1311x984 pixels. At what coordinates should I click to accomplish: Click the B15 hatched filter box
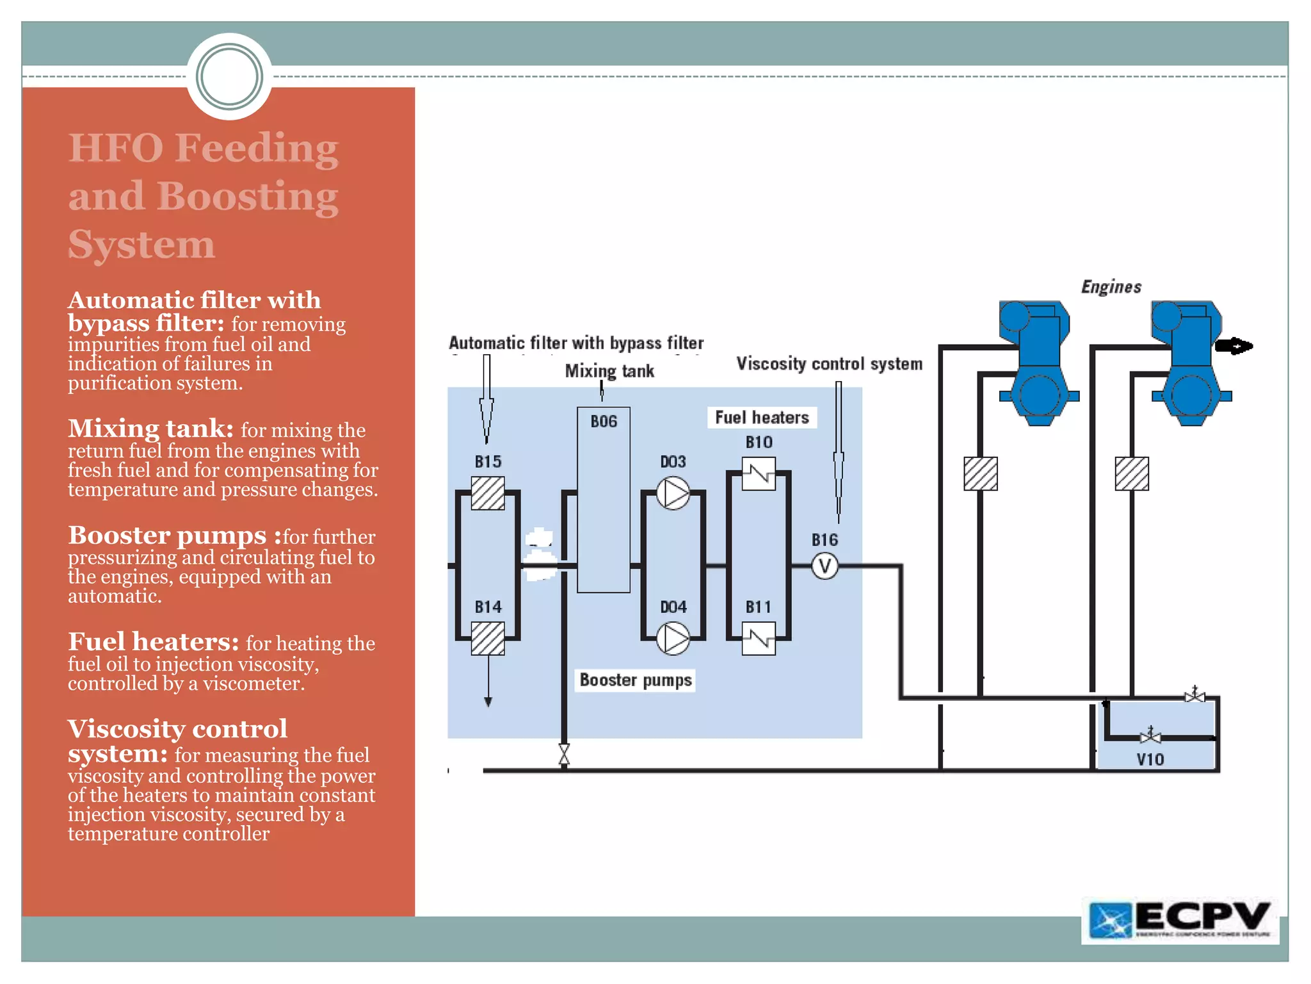tap(488, 493)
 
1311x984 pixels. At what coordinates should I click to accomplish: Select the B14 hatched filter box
tap(488, 639)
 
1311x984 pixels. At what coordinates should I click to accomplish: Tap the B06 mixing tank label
tap(604, 422)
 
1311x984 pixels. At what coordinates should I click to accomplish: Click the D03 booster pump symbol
tap(673, 493)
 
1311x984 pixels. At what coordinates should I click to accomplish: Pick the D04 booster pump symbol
tap(673, 639)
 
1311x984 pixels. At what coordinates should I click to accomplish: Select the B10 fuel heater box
tap(759, 474)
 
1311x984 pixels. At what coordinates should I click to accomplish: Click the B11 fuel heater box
tap(759, 639)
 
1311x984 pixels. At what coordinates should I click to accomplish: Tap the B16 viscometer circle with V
tap(824, 566)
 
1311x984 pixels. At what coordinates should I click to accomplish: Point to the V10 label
tap(1150, 760)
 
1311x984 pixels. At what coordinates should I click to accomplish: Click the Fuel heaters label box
tap(762, 418)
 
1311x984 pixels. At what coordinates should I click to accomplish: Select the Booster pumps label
tap(636, 680)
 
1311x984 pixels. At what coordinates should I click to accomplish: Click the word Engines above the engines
tap(1111, 287)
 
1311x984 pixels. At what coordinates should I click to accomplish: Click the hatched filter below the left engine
tap(981, 474)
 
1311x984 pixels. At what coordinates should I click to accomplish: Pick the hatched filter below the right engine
tap(1132, 474)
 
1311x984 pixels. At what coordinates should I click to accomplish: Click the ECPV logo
tap(1180, 921)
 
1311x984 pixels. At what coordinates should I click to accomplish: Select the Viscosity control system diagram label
tap(830, 364)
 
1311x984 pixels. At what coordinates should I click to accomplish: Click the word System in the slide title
tap(141, 245)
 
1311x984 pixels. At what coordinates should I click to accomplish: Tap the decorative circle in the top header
tap(230, 77)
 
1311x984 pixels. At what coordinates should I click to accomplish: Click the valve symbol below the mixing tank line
tap(564, 755)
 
